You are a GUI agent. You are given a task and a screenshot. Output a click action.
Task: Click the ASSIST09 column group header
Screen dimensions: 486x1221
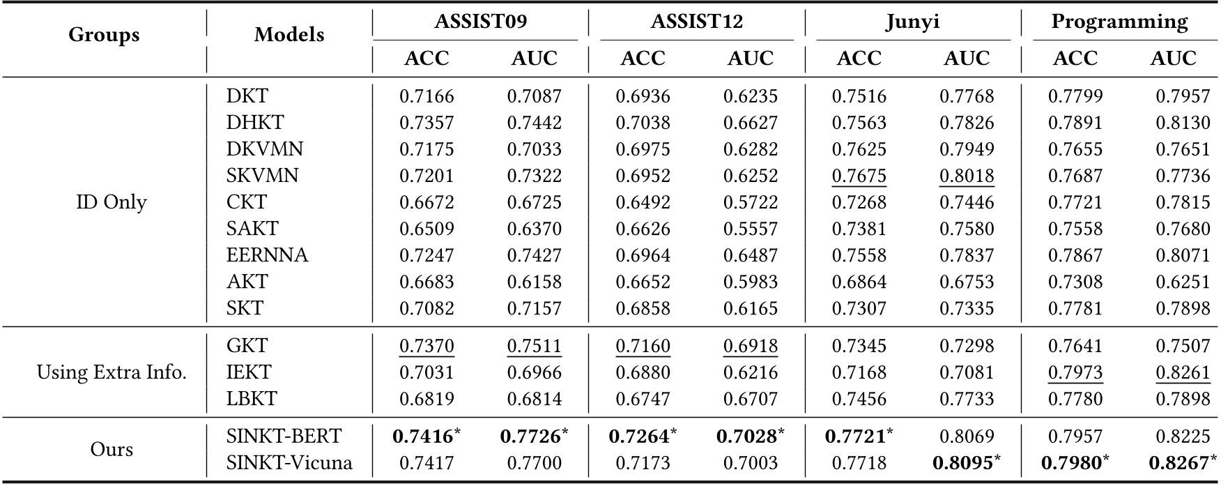click(480, 22)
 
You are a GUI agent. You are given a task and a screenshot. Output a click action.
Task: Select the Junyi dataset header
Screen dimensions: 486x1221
click(912, 22)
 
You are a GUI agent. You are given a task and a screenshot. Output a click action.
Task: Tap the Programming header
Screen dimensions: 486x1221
click(1119, 22)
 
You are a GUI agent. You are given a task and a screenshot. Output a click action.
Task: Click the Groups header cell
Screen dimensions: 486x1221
click(104, 35)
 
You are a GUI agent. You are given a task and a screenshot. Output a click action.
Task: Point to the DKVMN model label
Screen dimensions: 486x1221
click(264, 149)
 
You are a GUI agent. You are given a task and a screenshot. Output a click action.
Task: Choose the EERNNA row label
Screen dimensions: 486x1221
click(267, 255)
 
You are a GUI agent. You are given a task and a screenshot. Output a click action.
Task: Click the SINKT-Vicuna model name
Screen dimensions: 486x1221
click(289, 463)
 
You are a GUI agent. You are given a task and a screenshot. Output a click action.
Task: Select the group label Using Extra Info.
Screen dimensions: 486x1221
click(112, 372)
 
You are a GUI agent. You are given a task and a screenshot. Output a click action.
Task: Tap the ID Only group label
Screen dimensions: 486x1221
click(112, 202)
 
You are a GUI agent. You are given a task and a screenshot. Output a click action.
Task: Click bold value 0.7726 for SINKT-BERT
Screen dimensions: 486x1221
click(530, 436)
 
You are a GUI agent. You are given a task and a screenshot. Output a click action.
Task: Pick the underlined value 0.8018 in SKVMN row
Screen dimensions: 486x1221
click(966, 176)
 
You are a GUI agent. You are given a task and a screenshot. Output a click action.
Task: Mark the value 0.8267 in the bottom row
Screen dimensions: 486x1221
click(1178, 463)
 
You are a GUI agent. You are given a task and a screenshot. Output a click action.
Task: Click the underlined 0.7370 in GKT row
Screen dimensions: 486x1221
click(426, 346)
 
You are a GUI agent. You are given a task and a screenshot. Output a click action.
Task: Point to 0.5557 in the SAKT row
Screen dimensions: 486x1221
click(750, 229)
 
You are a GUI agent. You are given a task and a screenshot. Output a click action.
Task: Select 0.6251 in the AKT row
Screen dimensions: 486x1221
click(1183, 282)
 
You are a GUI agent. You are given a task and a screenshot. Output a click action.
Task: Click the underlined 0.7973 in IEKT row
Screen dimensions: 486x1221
click(1075, 372)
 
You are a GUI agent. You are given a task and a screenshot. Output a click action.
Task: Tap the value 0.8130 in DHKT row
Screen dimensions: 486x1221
click(1183, 123)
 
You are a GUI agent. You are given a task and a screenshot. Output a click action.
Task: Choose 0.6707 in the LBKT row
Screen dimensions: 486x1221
click(750, 399)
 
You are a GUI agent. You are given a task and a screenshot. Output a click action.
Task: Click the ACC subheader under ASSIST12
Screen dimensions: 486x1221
click(642, 59)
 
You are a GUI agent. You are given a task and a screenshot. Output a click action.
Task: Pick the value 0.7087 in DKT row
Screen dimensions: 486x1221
click(534, 96)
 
